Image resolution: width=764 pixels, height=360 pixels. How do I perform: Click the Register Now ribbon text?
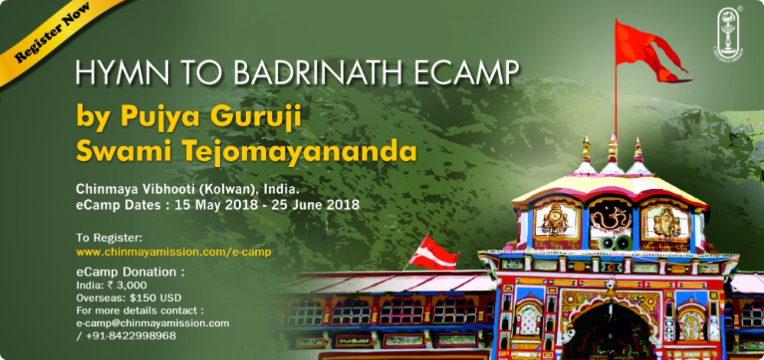tap(52, 33)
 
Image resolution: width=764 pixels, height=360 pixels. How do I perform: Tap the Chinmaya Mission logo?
tap(729, 33)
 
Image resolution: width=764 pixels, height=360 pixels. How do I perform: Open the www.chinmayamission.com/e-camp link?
tap(173, 252)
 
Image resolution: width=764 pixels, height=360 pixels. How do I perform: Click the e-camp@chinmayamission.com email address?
tap(153, 323)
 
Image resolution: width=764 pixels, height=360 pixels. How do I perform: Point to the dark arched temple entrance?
tap(606, 334)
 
